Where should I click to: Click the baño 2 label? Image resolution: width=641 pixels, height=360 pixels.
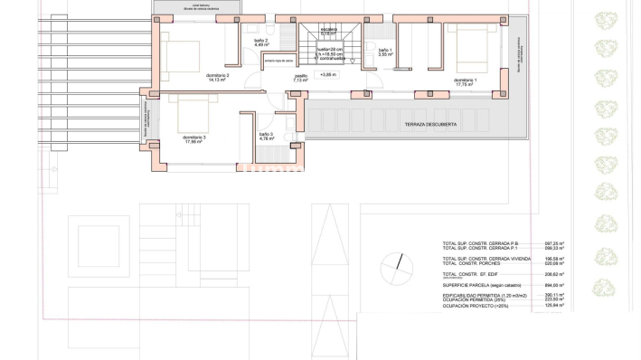pyautogui.click(x=260, y=42)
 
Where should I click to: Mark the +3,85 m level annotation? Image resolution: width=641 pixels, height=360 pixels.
pyautogui.click(x=327, y=75)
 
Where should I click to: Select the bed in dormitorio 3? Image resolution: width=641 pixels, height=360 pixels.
pyautogui.click(x=191, y=113)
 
